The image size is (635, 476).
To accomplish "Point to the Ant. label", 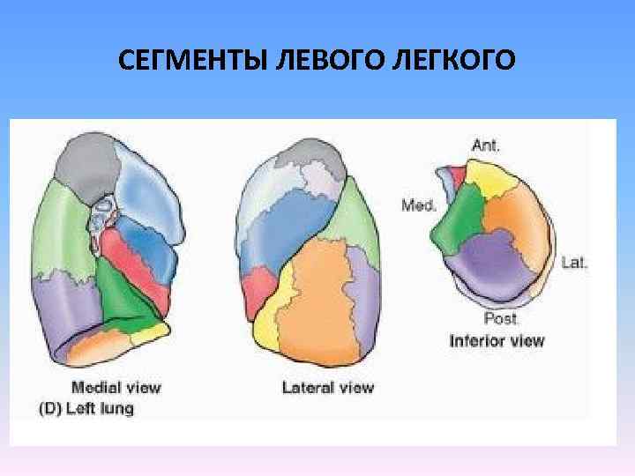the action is (486, 146).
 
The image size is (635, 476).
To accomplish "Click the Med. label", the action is (419, 205).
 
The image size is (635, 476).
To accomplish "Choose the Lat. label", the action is (574, 262).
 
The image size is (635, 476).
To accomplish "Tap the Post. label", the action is (501, 318).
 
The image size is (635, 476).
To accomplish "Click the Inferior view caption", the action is (497, 340).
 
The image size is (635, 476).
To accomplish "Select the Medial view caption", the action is (116, 387).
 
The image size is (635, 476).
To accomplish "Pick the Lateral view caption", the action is (328, 387).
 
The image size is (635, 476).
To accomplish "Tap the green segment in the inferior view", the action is (459, 220).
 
